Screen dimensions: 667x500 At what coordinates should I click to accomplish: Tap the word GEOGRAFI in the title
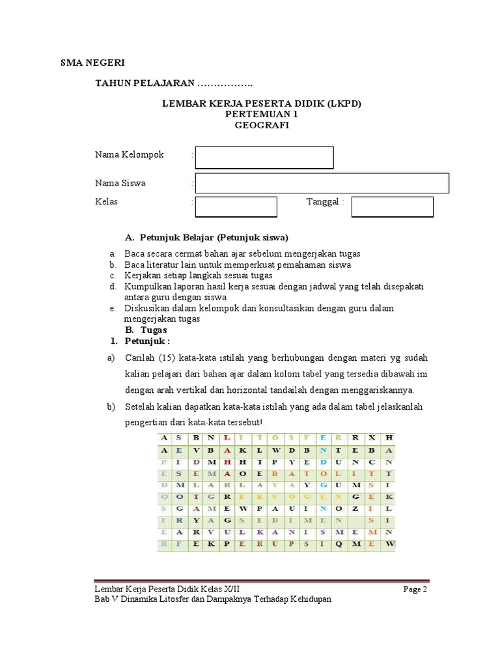(261, 126)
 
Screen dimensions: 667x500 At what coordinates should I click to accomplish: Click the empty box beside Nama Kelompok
(264, 158)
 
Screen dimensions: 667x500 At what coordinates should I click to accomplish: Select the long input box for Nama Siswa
(322, 183)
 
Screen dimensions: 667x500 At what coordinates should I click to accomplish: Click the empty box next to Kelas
(236, 206)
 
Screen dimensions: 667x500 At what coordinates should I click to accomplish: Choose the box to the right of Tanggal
(392, 206)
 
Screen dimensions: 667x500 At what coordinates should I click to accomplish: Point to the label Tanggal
(323, 202)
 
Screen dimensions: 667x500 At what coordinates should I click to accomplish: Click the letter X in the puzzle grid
(372, 438)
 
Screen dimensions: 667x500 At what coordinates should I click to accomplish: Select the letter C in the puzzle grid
(372, 462)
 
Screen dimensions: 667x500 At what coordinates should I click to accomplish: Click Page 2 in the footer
(415, 589)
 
